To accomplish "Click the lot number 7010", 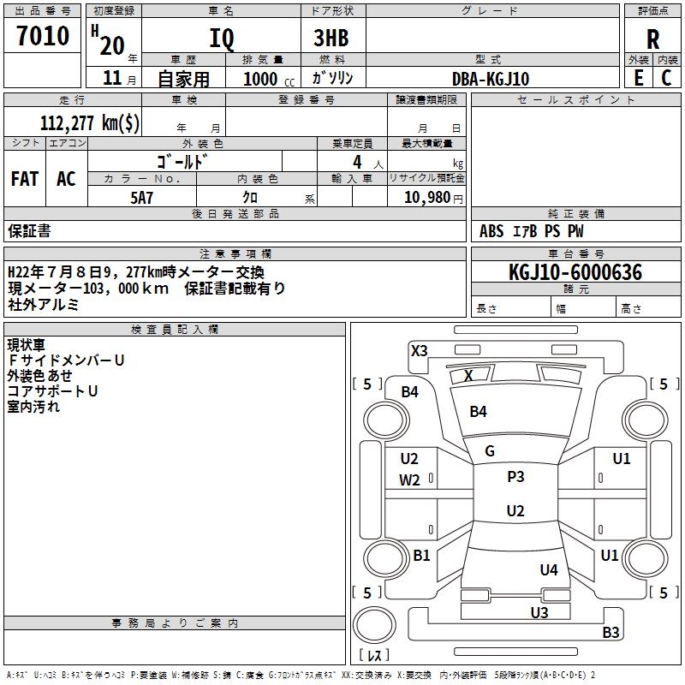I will tap(43, 36).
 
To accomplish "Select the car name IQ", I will tap(221, 39).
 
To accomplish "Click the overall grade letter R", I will tap(653, 39).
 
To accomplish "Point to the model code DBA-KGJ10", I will tap(491, 80).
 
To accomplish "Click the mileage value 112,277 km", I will tap(90, 122).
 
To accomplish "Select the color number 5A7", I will tap(141, 197).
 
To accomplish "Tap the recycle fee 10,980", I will tap(428, 198).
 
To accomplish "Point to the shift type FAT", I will tap(25, 179).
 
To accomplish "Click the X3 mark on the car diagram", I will tap(419, 350).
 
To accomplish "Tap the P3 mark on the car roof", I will tap(515, 477).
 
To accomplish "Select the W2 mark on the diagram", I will tap(409, 480).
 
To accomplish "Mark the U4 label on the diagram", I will tap(549, 570).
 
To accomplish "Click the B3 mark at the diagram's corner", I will tap(611, 633).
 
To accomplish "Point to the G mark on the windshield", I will tap(490, 451).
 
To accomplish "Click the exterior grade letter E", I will tap(638, 78).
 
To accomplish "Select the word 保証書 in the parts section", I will tap(29, 231).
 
